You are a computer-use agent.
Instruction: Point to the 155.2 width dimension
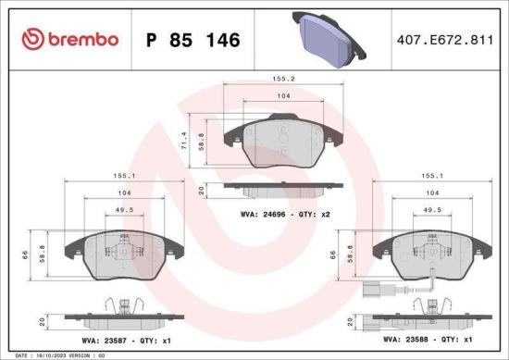click(283, 81)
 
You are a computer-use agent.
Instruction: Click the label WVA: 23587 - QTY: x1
click(118, 341)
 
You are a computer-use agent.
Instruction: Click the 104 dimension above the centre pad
click(283, 97)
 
